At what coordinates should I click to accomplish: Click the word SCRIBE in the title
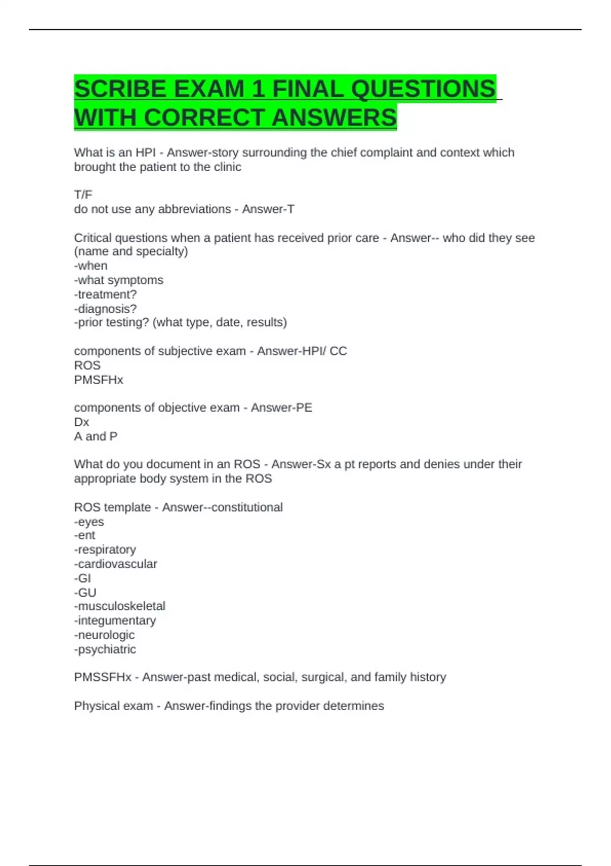click(120, 89)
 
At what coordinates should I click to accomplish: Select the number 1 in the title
click(258, 89)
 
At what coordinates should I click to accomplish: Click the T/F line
click(83, 195)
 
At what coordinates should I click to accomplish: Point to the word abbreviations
click(195, 209)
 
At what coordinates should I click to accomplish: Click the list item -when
click(91, 266)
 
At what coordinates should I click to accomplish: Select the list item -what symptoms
click(119, 280)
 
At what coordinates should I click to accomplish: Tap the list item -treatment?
click(105, 294)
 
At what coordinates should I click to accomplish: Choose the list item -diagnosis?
click(105, 309)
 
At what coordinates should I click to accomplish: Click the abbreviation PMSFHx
click(98, 380)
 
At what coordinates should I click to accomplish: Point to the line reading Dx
click(81, 422)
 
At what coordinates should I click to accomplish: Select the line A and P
click(96, 437)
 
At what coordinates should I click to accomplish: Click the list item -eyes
click(89, 522)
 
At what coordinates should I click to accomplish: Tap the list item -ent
click(85, 535)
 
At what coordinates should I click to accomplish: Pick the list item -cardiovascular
click(116, 564)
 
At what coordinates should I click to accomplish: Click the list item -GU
click(85, 592)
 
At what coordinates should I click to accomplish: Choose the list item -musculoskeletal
click(120, 606)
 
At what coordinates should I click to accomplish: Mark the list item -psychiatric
click(105, 649)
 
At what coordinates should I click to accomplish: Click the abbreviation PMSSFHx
click(102, 678)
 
